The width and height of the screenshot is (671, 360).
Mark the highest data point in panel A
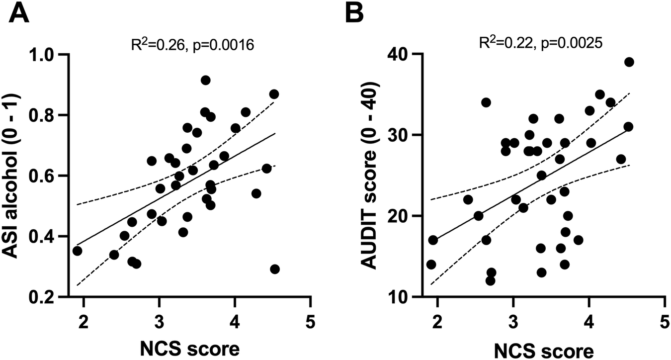(x=206, y=80)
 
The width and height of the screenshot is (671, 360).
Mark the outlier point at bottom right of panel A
(x=275, y=269)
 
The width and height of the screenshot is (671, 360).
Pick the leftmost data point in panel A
(x=77, y=251)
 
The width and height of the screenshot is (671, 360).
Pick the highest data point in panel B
(x=629, y=62)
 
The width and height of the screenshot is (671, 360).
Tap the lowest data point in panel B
(x=490, y=281)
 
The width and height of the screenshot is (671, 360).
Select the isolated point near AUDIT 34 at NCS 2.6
(x=486, y=102)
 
